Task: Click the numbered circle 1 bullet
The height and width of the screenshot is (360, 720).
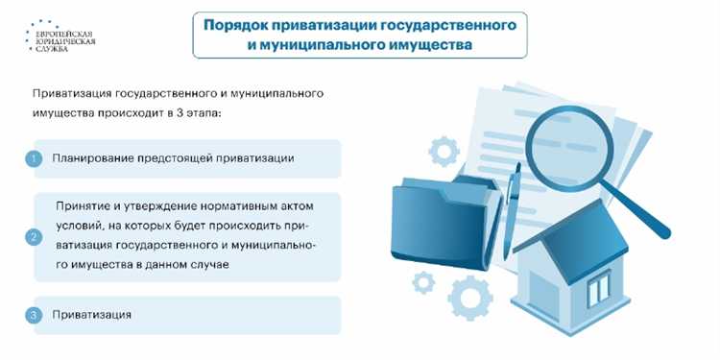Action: point(33,158)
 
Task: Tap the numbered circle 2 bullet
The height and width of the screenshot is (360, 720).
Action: point(33,236)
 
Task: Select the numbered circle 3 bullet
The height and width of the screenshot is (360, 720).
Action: point(33,315)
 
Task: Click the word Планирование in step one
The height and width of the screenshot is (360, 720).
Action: point(93,158)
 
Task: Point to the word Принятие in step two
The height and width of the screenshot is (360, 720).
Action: point(84,206)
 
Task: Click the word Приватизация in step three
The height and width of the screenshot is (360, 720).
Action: point(92,315)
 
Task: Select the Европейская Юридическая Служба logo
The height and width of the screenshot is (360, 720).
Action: point(60,36)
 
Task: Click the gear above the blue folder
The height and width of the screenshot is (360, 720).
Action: point(444,151)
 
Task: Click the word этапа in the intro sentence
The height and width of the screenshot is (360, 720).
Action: point(196,113)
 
